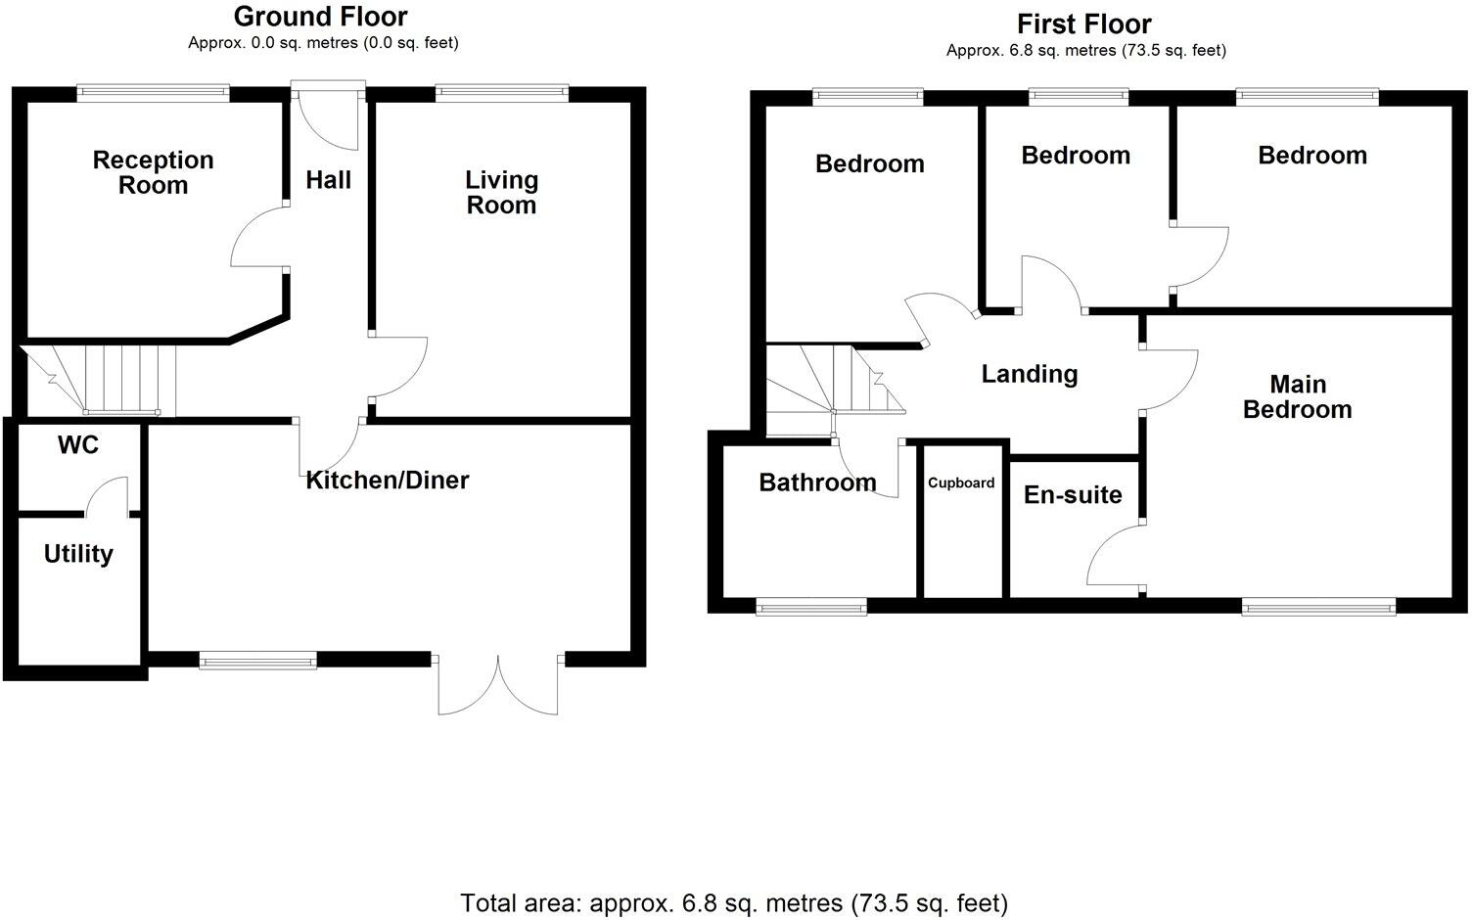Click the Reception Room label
[x=153, y=172]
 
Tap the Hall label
[x=328, y=180]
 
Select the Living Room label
[x=501, y=192]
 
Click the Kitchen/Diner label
[x=388, y=480]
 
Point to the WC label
[x=78, y=445]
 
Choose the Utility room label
[x=78, y=554]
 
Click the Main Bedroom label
[x=1297, y=396]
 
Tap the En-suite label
[x=1073, y=494]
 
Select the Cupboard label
[x=961, y=483]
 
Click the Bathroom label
[x=817, y=483]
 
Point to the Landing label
[x=1030, y=374]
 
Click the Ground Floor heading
[x=321, y=17]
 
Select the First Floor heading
[x=1084, y=23]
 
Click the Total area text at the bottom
[x=734, y=901]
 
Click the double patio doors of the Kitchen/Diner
[x=499, y=683]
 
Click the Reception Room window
[x=153, y=94]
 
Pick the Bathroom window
[x=811, y=608]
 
